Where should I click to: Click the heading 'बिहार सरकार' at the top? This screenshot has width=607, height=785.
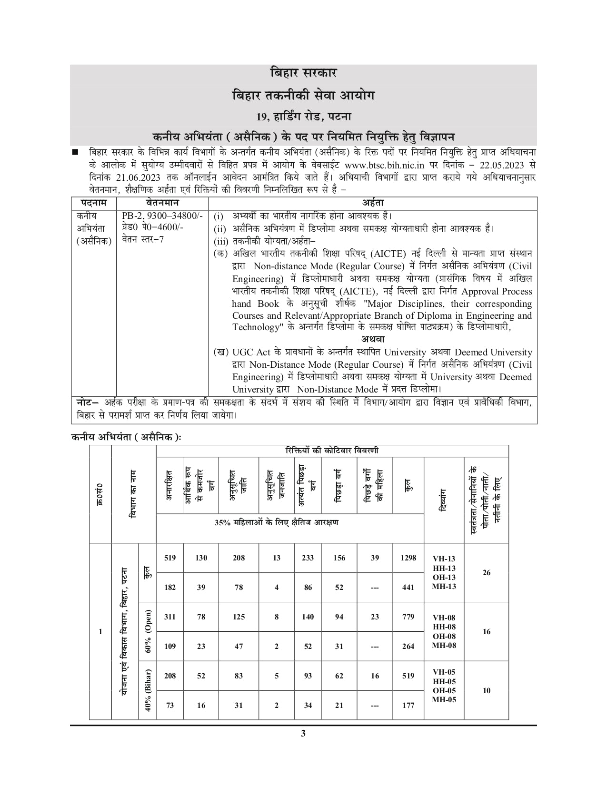303,73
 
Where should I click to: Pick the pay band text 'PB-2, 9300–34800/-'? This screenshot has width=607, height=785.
162,216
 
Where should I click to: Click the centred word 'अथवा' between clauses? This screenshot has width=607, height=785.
373,339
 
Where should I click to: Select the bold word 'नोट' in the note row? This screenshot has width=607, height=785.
86,402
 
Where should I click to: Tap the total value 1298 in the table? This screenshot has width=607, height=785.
408,558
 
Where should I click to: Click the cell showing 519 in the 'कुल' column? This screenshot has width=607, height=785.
408,676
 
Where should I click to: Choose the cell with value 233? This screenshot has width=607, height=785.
308,558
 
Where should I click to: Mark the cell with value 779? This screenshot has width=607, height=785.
408,617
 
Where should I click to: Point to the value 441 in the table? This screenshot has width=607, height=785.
408,587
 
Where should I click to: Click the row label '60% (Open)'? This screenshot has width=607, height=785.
148,631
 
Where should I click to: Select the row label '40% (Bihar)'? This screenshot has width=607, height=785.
148,690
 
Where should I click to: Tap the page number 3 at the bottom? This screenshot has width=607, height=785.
303,733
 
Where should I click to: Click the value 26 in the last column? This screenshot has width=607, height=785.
486,572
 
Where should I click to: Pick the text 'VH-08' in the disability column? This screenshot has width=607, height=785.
444,618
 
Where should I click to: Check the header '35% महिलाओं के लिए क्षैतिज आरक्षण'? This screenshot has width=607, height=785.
277,522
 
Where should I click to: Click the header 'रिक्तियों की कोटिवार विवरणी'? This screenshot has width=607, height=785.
332,451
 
